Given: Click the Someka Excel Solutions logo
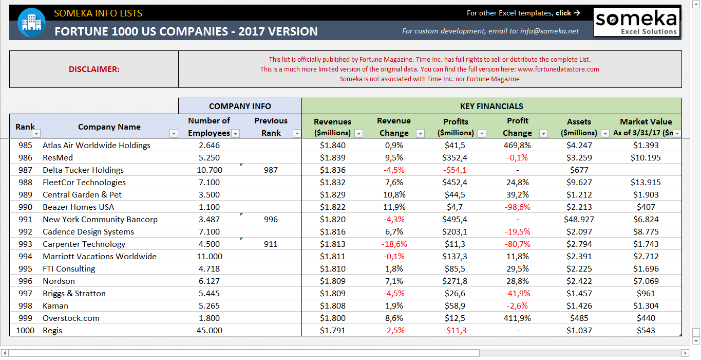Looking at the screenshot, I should [x=636, y=23].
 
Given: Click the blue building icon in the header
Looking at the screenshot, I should [x=32, y=23].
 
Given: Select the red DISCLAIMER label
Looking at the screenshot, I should [x=94, y=69].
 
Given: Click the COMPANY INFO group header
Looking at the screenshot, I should [x=240, y=106].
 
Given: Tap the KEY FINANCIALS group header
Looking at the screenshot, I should [x=491, y=106].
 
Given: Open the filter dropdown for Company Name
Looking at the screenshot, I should [x=174, y=134].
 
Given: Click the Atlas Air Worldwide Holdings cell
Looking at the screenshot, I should [x=97, y=145].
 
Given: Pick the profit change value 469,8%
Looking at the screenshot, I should [x=517, y=145].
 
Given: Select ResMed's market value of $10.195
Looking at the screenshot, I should [x=646, y=157].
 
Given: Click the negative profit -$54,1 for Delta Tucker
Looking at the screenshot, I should [x=456, y=170].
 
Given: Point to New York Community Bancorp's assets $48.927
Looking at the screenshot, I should [x=579, y=219].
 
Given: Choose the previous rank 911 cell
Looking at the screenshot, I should [x=271, y=244].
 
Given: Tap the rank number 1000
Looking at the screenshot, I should [x=25, y=330].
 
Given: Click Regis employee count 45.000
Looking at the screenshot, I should [x=209, y=330].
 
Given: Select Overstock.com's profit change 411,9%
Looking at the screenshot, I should [x=517, y=318].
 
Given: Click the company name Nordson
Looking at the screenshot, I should [x=59, y=281].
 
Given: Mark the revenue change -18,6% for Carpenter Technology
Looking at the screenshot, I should [x=394, y=244].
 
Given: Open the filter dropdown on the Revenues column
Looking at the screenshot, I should [x=358, y=134].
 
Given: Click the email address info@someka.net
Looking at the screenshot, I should [x=549, y=31].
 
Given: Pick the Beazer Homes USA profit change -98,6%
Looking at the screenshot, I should [x=517, y=207].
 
